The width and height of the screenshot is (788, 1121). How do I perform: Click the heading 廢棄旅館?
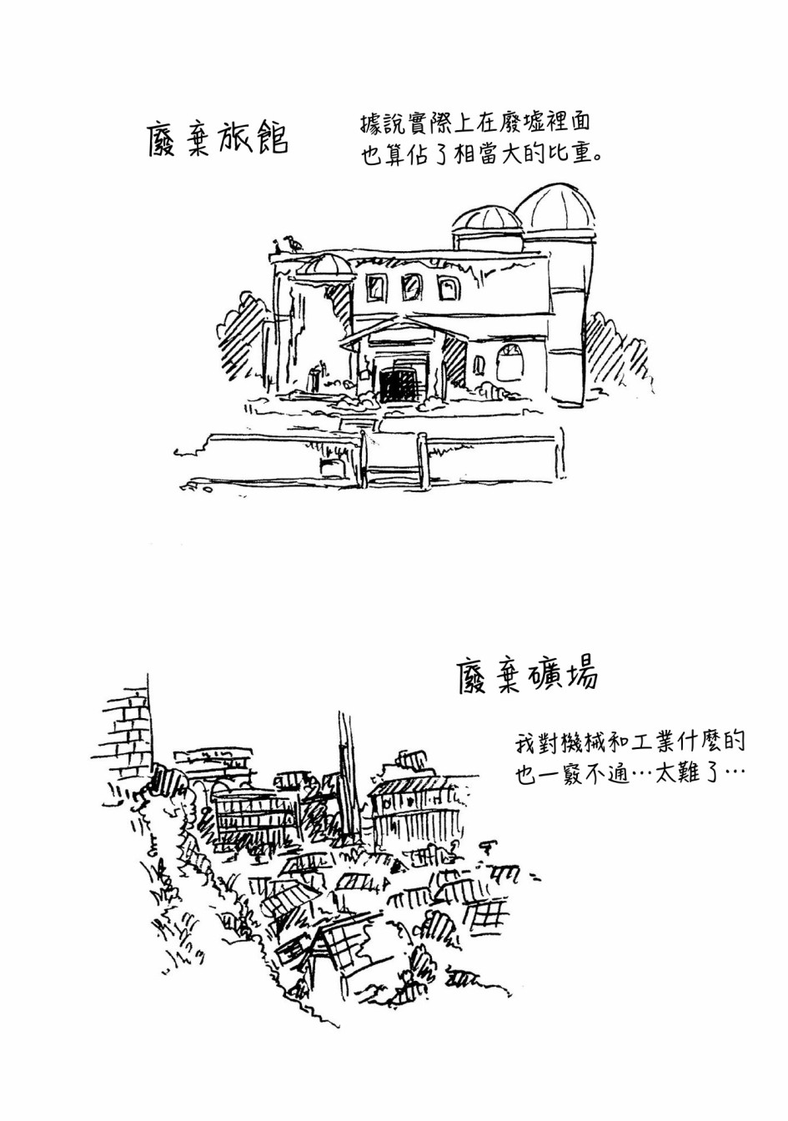(218, 138)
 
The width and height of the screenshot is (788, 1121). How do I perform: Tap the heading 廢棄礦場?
(529, 676)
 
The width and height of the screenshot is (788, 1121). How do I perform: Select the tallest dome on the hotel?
(555, 208)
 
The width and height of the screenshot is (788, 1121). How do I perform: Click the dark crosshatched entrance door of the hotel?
(399, 385)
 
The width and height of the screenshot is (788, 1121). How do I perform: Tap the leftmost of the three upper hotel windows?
(376, 288)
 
